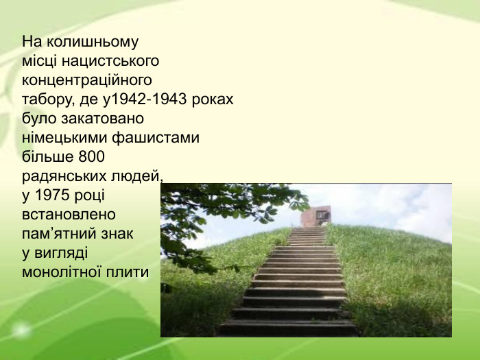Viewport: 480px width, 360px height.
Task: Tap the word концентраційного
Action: point(86,80)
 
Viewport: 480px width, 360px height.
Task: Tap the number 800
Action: point(91,157)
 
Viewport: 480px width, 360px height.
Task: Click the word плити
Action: point(130,272)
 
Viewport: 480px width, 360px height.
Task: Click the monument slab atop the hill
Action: point(315,217)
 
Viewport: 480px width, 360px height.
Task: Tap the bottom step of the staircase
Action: point(288,328)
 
